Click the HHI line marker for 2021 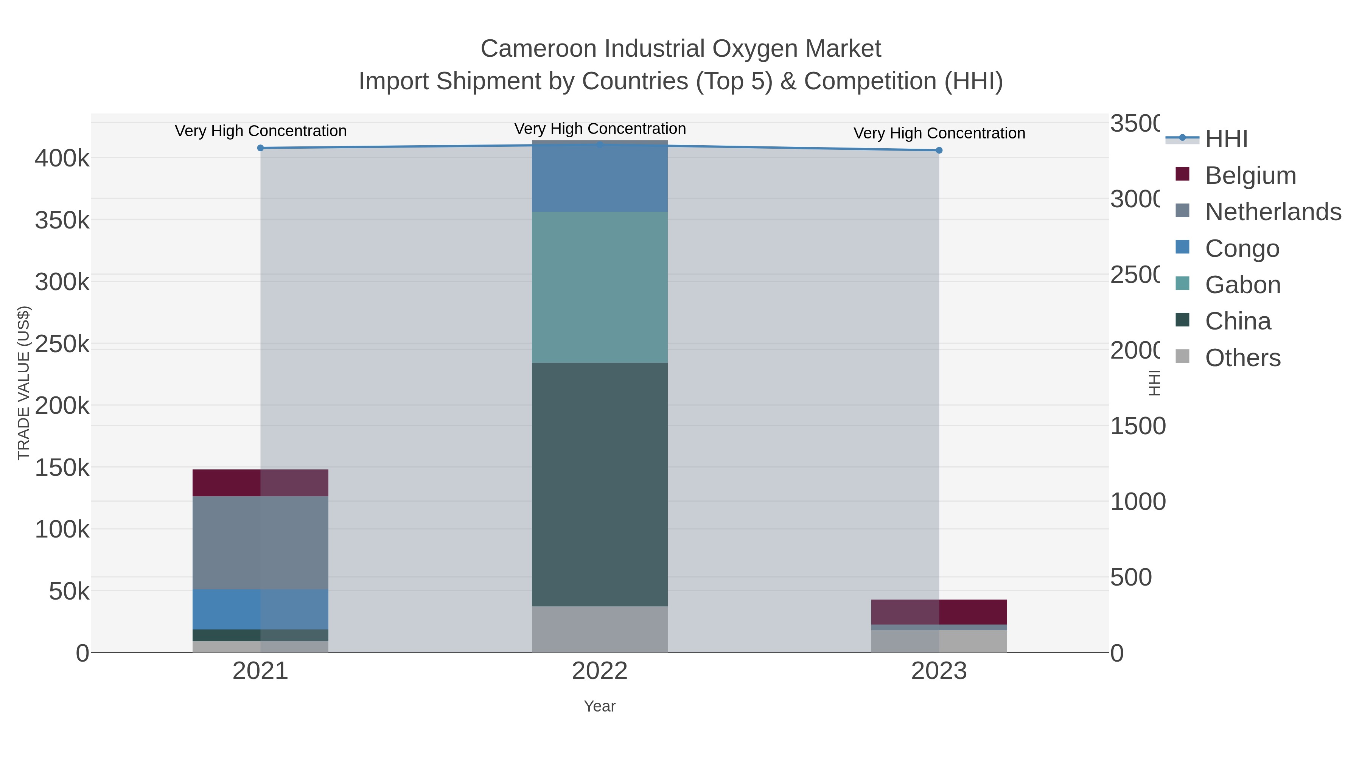coord(260,148)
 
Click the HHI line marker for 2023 coord(939,151)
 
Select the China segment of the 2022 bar coord(600,484)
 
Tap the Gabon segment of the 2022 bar coord(600,287)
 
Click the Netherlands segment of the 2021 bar coord(260,542)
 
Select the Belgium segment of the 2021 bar coord(260,483)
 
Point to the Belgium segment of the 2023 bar coord(939,612)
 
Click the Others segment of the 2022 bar coord(600,629)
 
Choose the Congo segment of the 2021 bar coord(260,609)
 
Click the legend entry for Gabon coord(1242,285)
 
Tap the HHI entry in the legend coord(1225,139)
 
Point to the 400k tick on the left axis coord(62,158)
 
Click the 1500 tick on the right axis coord(1137,426)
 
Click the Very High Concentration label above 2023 coord(939,133)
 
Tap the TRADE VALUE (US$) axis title coord(24,383)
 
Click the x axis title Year coord(600,706)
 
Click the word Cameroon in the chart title coord(538,49)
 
